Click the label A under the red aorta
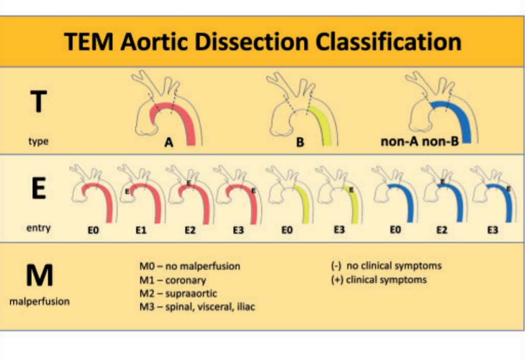169,143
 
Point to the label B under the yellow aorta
300,143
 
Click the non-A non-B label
419,142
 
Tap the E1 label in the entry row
141,230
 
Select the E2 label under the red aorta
190,230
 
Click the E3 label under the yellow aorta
339,230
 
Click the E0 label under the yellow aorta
287,230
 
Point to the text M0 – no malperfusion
190,266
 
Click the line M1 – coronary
172,281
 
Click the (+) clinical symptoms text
379,280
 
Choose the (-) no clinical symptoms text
386,266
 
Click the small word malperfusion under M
39,302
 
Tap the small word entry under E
38,228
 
